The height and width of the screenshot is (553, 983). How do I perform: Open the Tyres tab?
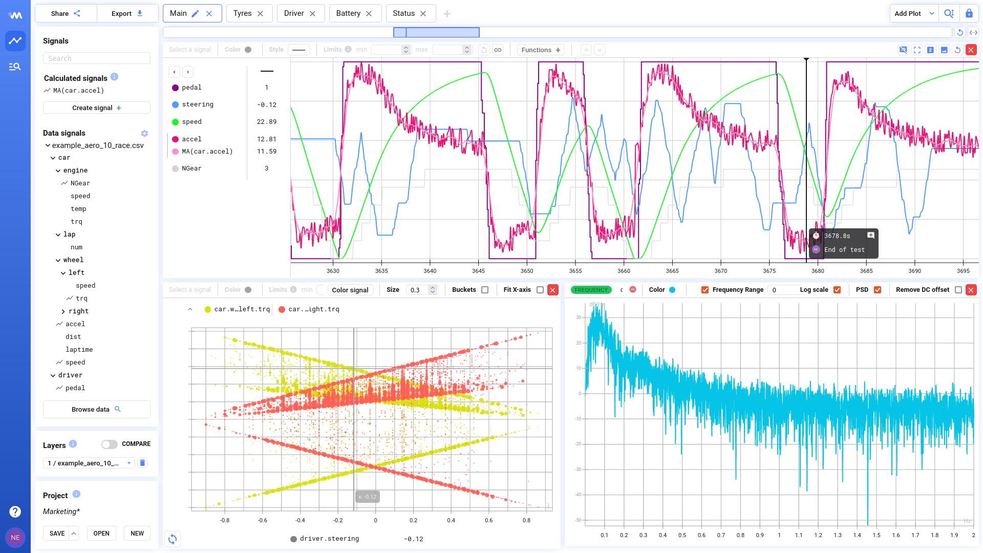click(x=242, y=13)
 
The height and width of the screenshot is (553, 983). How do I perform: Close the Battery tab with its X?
click(x=369, y=14)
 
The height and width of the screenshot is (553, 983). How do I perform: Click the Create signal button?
click(x=97, y=108)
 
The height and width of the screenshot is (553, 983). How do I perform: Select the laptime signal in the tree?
click(x=79, y=350)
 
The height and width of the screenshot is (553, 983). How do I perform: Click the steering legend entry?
click(x=198, y=104)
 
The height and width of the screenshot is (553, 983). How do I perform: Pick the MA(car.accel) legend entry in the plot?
click(x=207, y=152)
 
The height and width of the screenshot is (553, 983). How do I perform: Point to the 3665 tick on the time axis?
click(x=672, y=271)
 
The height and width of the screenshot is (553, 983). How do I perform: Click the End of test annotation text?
click(x=844, y=250)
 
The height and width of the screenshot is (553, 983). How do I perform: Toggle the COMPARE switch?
click(x=109, y=444)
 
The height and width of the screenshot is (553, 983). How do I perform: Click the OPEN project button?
click(x=101, y=534)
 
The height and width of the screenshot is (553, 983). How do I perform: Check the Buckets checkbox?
click(x=485, y=290)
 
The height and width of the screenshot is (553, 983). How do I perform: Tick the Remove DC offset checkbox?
click(x=958, y=290)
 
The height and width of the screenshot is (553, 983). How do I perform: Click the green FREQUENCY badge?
click(x=591, y=290)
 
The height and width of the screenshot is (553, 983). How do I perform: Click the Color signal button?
click(x=350, y=290)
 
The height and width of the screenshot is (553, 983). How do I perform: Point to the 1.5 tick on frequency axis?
click(x=877, y=535)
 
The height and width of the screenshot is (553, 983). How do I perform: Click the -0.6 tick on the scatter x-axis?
click(x=263, y=520)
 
